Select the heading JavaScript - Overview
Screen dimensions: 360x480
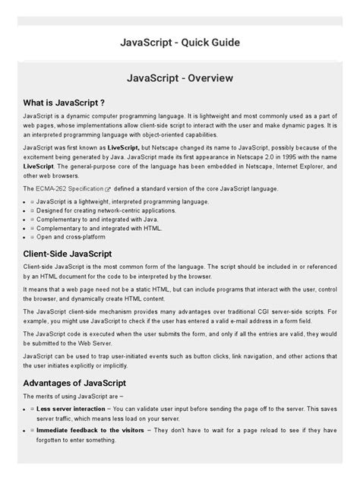(180, 78)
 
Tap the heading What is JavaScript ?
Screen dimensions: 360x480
(63, 101)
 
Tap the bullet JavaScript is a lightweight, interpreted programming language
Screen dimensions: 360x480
(111, 201)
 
